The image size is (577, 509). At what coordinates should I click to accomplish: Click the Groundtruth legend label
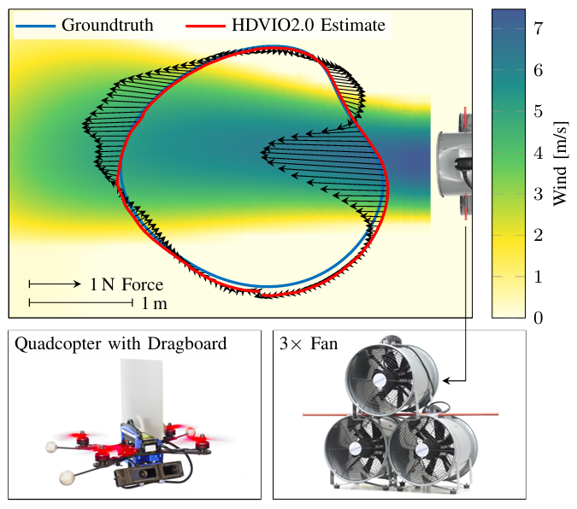pos(107,25)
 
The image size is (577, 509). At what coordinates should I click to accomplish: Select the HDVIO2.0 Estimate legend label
pos(309,25)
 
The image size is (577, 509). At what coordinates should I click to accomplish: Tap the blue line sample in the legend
pos(35,25)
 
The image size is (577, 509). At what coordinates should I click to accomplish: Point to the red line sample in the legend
pos(205,25)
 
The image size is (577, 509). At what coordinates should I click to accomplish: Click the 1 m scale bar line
pos(82,302)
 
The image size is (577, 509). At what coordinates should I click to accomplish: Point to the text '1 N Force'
pos(127,284)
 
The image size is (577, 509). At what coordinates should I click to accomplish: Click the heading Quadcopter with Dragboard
pos(121,344)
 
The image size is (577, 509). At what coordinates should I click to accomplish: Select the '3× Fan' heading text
pos(309,344)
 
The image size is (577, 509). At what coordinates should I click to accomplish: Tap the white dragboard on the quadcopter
pos(142,392)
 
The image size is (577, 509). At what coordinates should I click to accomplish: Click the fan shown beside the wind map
pos(452,163)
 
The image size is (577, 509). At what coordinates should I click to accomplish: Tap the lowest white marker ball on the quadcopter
pos(65,477)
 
